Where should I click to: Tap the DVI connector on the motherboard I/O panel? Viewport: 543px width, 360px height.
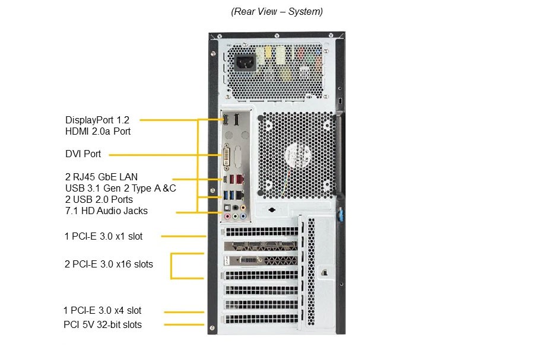pyautogui.click(x=227, y=159)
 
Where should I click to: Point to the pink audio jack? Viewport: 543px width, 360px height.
pyautogui.click(x=226, y=216)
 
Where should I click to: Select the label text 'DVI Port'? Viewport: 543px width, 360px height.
pyautogui.click(x=83, y=154)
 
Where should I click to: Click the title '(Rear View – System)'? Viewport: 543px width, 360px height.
pyautogui.click(x=277, y=11)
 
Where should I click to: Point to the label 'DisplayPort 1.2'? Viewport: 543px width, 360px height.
pyautogui.click(x=97, y=119)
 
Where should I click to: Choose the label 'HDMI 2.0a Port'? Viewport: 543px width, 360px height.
pyautogui.click(x=98, y=131)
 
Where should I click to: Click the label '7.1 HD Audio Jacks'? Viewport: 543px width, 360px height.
pyautogui.click(x=106, y=211)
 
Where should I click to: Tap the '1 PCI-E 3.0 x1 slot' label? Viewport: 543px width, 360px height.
pyautogui.click(x=104, y=236)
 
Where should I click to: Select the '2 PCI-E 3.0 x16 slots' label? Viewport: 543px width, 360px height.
pyautogui.click(x=109, y=264)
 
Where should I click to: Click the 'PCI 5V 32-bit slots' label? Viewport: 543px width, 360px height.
pyautogui.click(x=103, y=324)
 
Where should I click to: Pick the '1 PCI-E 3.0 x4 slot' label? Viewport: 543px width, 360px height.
pyautogui.click(x=103, y=310)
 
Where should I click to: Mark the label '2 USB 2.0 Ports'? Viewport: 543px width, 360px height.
pyautogui.click(x=99, y=199)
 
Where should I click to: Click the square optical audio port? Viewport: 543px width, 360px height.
pyautogui.click(x=227, y=208)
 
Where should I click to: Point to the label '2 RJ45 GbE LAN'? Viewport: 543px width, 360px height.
pyautogui.click(x=101, y=176)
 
